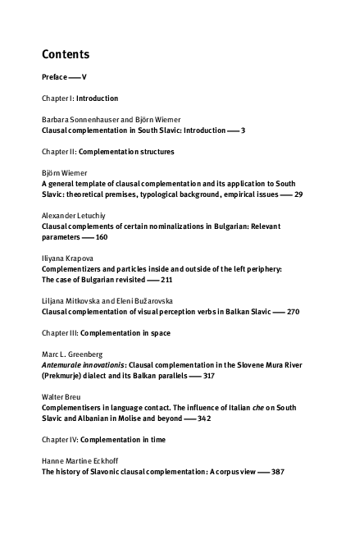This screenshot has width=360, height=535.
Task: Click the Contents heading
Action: [66, 55]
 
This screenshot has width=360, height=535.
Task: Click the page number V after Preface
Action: [85, 76]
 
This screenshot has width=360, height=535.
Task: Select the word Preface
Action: [55, 76]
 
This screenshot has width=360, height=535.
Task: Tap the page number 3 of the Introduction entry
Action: [243, 130]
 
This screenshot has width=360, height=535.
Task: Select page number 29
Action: [298, 194]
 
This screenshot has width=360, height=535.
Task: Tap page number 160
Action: [101, 237]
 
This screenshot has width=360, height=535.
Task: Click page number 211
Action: [166, 280]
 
